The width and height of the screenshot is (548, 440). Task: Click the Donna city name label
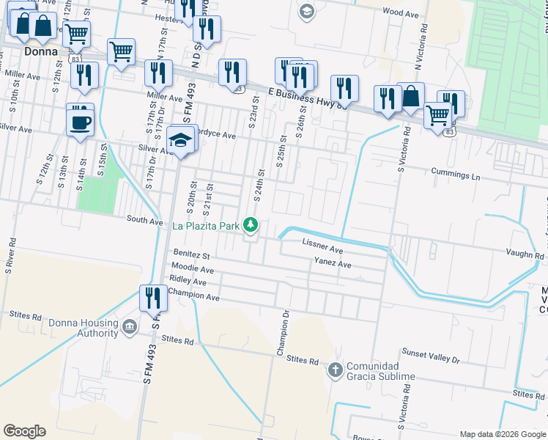click(41, 52)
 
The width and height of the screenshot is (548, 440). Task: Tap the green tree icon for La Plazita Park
click(251, 224)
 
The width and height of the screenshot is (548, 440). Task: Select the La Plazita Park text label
click(206, 226)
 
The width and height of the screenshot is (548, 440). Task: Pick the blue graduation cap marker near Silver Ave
click(179, 139)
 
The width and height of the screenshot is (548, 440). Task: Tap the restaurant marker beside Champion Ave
click(153, 297)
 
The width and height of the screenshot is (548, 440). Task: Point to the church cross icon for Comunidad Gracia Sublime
click(335, 369)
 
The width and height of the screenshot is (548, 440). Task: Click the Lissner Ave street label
click(322, 249)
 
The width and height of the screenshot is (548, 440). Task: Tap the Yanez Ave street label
click(333, 263)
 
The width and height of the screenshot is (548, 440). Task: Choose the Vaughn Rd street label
click(525, 255)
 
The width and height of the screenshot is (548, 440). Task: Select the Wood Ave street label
click(400, 12)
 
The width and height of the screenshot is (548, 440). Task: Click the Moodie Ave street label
click(192, 270)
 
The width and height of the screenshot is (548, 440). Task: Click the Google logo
click(25, 430)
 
